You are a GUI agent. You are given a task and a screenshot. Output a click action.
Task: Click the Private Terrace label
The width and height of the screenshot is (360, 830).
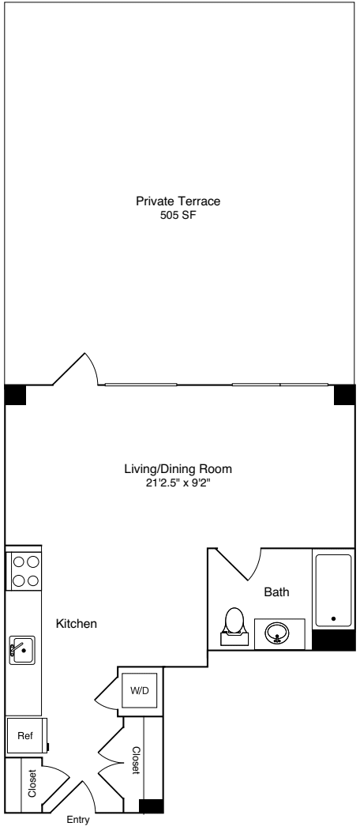(178, 201)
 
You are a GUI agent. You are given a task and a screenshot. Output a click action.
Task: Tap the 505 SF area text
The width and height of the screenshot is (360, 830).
(178, 215)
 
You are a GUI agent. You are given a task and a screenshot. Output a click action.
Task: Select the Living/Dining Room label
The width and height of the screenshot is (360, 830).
(178, 468)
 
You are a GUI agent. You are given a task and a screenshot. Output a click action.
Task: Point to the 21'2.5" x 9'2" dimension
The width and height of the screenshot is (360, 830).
(178, 482)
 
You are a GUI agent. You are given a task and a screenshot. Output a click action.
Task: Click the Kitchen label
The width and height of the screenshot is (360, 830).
(76, 624)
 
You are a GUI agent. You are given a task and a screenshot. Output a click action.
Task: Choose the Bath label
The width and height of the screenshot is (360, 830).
(276, 592)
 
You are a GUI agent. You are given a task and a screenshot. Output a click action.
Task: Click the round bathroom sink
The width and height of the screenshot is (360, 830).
(276, 633)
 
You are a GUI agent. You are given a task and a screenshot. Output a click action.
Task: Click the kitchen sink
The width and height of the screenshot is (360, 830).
(22, 650)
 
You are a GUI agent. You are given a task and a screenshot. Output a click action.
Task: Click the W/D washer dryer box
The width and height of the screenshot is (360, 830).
(139, 690)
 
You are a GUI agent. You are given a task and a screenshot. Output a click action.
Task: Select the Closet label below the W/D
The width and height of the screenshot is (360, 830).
(136, 760)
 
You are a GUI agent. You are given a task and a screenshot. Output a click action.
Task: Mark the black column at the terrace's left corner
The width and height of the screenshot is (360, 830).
(15, 394)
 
